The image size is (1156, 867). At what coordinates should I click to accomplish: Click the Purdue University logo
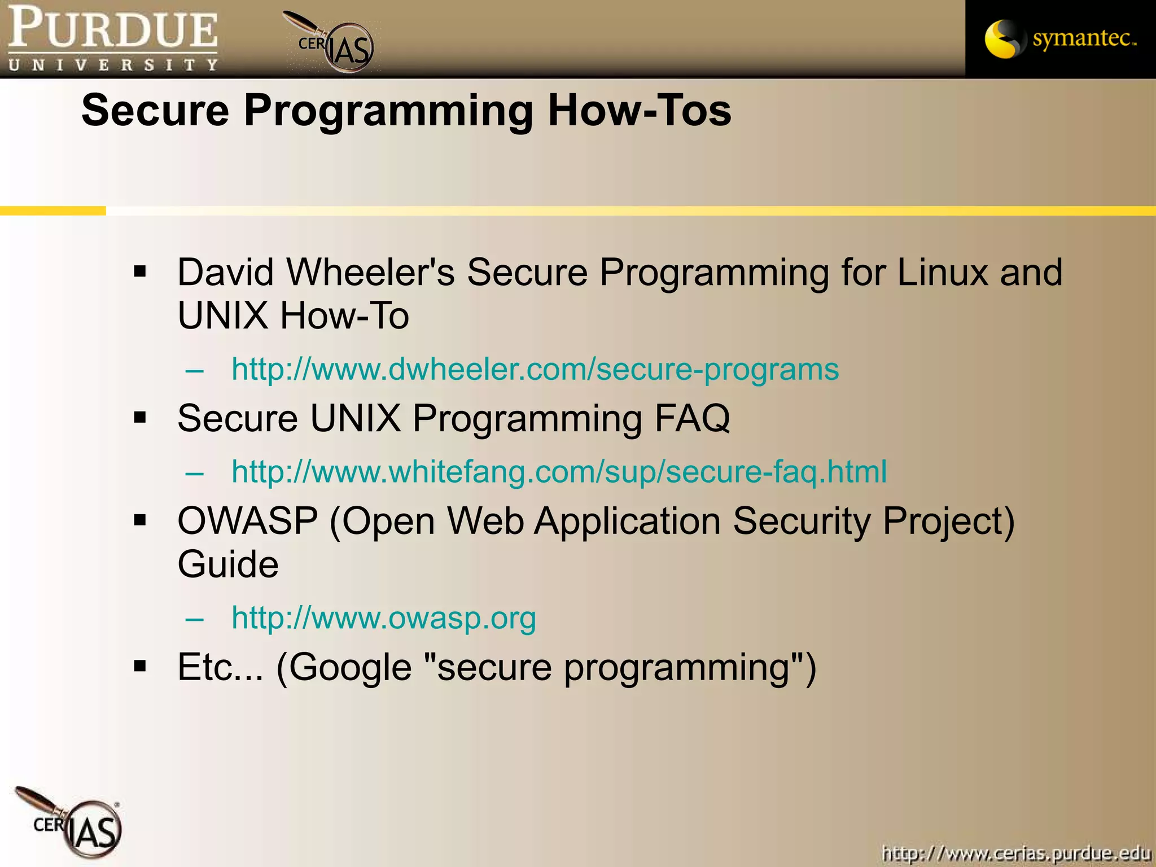point(113,38)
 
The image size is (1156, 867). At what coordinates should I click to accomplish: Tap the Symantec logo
point(1060,38)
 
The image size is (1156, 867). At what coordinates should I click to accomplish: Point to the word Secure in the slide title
point(155,110)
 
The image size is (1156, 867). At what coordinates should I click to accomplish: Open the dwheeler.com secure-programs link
point(535,370)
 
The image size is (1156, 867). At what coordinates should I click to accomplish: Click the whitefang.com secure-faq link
point(559,472)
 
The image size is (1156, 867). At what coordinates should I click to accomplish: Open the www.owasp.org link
point(383,618)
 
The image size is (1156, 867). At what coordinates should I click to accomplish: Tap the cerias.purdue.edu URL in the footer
point(1016,852)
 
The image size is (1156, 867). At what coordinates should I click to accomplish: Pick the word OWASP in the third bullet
point(248,521)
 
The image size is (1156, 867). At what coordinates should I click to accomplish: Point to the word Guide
point(228,564)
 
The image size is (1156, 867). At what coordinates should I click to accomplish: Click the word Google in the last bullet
point(351,668)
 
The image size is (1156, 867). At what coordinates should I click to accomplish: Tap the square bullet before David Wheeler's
point(140,273)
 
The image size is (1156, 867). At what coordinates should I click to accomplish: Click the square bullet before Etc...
point(140,666)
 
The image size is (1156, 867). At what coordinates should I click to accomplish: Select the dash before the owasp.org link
point(194,619)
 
